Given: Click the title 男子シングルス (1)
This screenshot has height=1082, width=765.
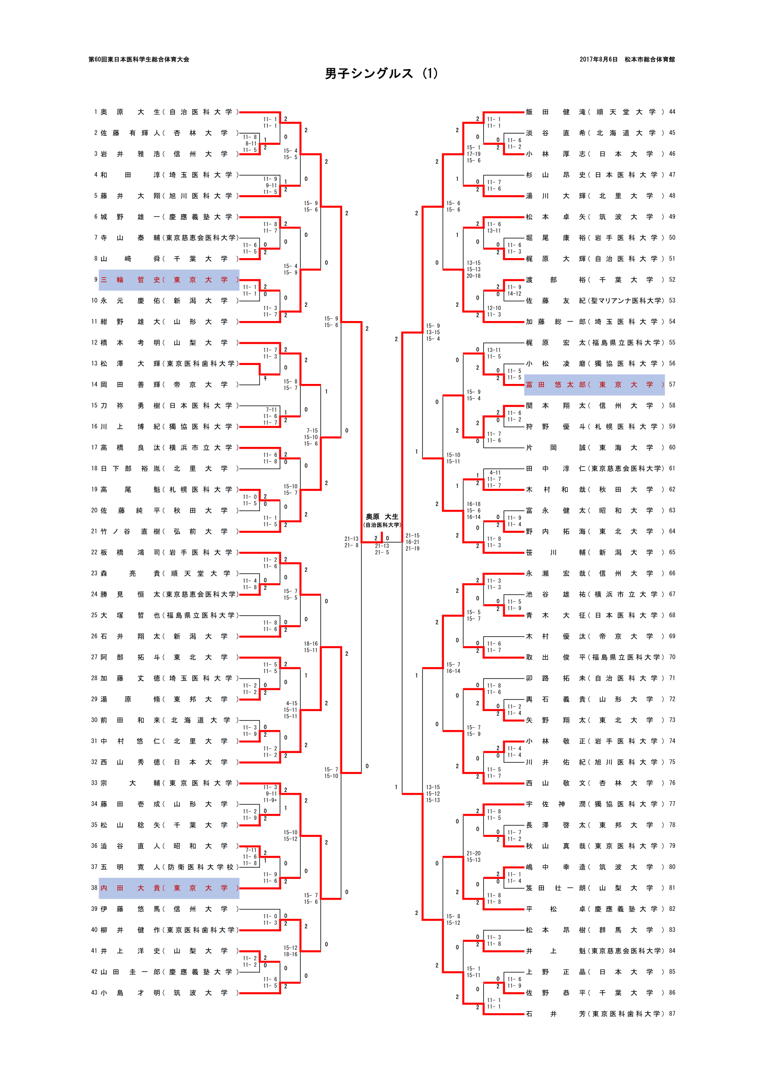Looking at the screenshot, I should pos(381,74).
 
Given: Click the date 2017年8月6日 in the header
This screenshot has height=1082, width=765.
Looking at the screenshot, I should pos(598,59).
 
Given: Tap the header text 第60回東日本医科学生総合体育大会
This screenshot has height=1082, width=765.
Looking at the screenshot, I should pos(138,59).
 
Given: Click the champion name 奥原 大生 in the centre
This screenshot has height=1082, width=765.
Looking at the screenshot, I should pos(382,517).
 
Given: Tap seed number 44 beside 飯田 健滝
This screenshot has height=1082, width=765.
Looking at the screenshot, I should pos(672,111).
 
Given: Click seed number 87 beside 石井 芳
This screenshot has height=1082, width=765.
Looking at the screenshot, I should pos(672,1014).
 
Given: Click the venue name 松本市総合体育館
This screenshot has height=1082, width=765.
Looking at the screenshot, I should pos(649,59).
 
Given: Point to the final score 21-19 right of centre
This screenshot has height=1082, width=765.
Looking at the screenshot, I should pos(412,549).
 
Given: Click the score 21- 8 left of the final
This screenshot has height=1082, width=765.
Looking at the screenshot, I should pos(351,545).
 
